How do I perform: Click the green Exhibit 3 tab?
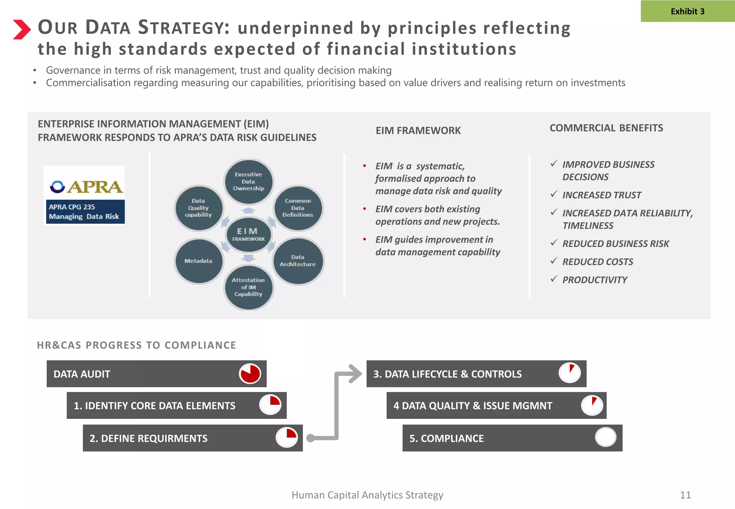point(687,11)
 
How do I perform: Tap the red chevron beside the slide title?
point(22,29)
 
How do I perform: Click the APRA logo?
point(86,186)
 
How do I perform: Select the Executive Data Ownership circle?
point(248,181)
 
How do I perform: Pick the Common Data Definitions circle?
point(298,208)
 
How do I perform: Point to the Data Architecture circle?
point(298,261)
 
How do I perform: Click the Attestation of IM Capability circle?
point(248,287)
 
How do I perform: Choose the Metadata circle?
point(198,261)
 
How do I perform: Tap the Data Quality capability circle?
point(198,208)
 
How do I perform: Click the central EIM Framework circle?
point(248,234)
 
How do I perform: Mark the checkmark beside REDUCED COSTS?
point(554,261)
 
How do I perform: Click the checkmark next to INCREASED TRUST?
point(554,194)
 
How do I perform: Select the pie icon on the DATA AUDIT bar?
point(250,374)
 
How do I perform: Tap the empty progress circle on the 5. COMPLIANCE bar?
point(605,437)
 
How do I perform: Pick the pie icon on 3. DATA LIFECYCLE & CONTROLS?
point(570,373)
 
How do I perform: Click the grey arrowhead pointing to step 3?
point(355,374)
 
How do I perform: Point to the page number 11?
point(685,495)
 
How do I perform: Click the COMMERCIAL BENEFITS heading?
point(606,128)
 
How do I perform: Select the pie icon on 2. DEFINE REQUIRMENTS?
point(287,437)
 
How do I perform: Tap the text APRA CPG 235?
point(72,207)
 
